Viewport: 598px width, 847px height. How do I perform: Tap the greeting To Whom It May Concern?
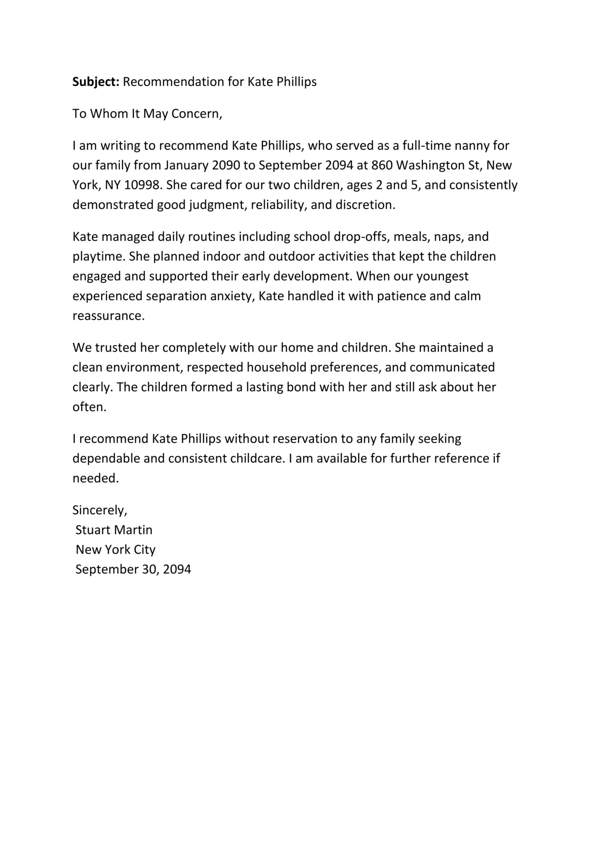[147, 113]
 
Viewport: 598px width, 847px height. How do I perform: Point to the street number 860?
[382, 165]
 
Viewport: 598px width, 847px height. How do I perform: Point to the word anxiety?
[231, 296]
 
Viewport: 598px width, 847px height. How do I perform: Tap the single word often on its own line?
[89, 407]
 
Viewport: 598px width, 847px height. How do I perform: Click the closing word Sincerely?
[100, 510]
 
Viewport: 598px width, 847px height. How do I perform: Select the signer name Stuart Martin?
[113, 530]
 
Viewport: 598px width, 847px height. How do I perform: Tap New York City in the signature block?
[115, 550]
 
